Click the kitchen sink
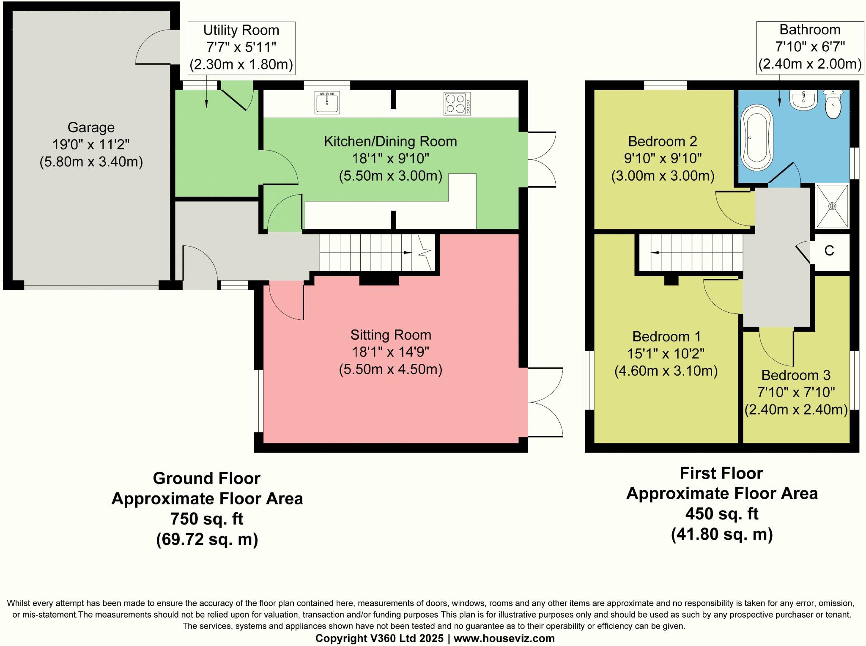(327, 103)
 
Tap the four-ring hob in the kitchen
(457, 104)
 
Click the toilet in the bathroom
(833, 104)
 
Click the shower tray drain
(832, 206)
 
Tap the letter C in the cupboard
(829, 251)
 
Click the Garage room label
(91, 127)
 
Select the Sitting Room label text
(391, 335)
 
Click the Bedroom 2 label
(663, 141)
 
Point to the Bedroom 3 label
(796, 375)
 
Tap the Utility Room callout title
(241, 30)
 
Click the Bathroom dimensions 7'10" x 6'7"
(810, 47)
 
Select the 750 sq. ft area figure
(207, 519)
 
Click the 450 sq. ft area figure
(722, 514)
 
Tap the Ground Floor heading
(207, 478)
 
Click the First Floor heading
(721, 473)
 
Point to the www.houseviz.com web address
(504, 638)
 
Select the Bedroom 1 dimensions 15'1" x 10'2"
(666, 354)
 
